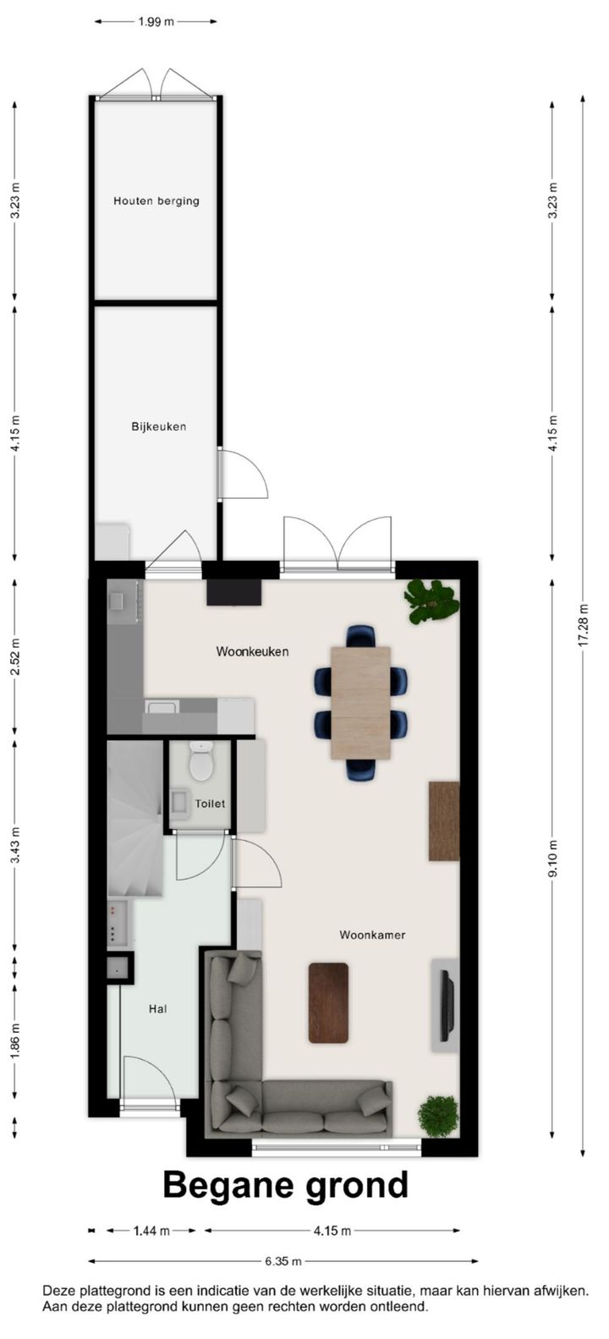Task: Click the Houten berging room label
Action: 156,201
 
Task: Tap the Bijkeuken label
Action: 158,426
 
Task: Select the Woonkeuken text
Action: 252,651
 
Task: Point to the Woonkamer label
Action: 372,935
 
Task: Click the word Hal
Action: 157,1008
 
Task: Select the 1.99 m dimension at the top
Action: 156,22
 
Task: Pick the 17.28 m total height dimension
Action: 583,625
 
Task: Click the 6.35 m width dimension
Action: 283,1260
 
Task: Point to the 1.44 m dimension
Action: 151,1231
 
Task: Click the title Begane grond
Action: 285,1185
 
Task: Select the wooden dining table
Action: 360,702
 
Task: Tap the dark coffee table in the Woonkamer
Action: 328,1002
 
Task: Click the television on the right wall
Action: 447,1005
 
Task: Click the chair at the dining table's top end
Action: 360,635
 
